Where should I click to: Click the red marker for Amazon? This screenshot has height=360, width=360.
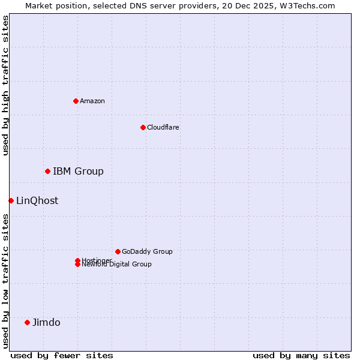tap(76, 101)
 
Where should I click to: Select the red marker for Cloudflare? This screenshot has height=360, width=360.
tap(143, 127)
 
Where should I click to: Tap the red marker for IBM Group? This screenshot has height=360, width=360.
tap(47, 172)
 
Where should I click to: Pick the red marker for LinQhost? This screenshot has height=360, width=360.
tap(11, 200)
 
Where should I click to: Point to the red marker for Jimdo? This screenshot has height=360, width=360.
tap(27, 322)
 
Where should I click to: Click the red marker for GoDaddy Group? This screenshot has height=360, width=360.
tap(118, 251)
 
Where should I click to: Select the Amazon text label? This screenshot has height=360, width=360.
tap(92, 101)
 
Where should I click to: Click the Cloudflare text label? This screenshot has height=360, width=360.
tap(163, 127)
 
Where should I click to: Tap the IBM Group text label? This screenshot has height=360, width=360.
tap(78, 172)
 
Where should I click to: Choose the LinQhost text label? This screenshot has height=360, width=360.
tap(37, 201)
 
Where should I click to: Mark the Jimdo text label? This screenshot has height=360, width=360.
tap(46, 323)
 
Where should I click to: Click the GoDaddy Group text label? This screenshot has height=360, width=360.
tap(147, 252)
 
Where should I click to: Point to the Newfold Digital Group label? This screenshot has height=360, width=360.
tap(117, 265)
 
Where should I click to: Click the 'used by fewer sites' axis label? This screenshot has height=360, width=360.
tap(62, 355)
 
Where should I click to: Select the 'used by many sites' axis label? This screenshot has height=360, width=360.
tap(301, 355)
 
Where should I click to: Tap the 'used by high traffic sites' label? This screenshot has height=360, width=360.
tap(5, 86)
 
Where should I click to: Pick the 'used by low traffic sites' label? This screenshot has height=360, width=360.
tap(5, 281)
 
